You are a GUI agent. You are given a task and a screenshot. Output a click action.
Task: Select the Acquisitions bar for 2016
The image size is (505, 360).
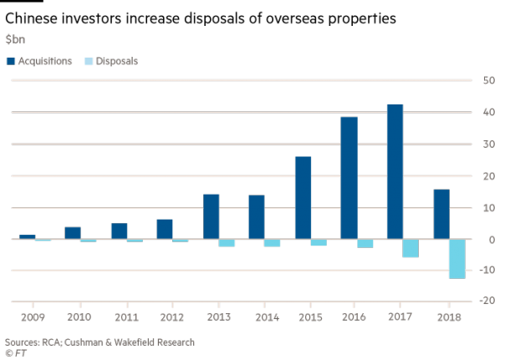click(x=349, y=178)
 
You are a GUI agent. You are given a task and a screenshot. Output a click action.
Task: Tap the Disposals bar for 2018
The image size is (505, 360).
click(x=457, y=259)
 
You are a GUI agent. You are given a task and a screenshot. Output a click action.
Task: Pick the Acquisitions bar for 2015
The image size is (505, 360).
click(x=303, y=198)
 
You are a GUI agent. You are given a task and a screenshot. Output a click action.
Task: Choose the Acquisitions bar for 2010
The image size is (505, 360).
click(x=73, y=233)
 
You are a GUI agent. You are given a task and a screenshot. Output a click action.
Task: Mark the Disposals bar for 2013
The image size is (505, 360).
click(x=227, y=243)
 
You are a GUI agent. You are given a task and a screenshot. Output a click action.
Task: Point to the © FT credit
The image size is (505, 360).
click(x=17, y=353)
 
